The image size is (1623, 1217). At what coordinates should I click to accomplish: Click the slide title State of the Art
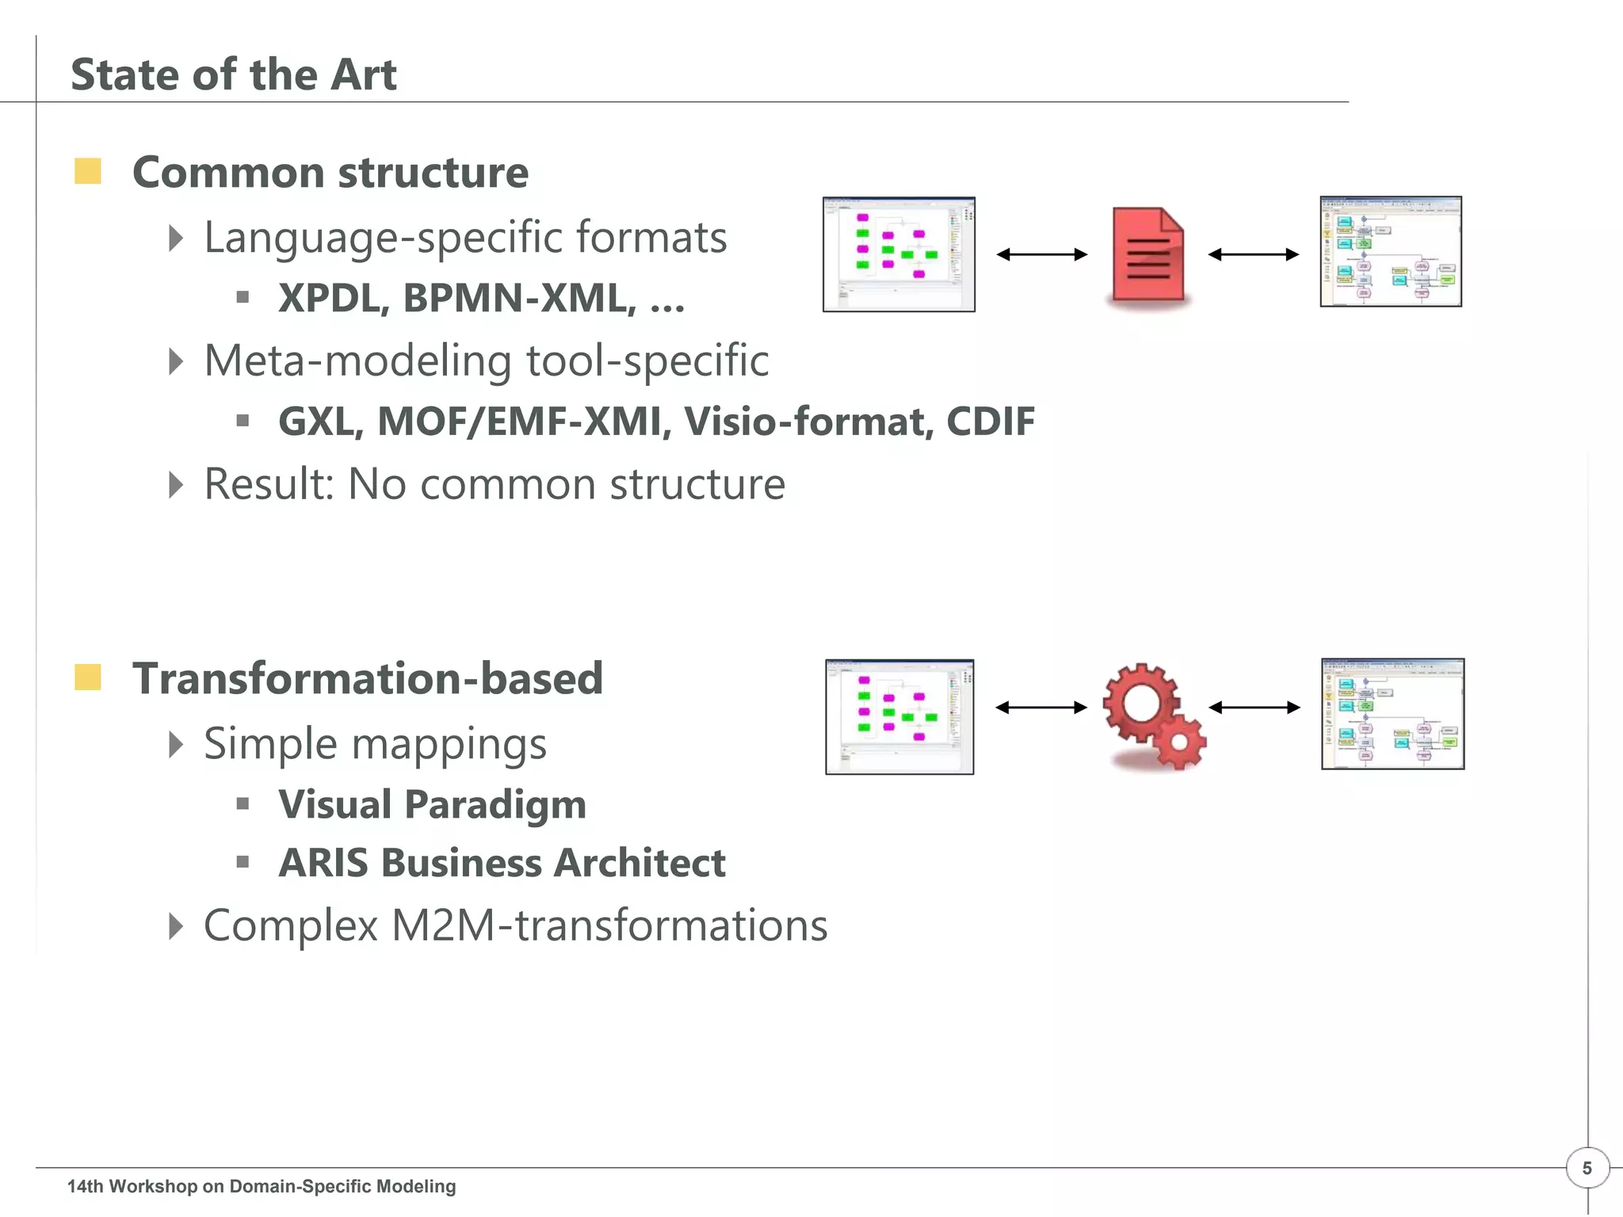click(234, 75)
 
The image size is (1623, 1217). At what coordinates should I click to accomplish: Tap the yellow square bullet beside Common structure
click(88, 171)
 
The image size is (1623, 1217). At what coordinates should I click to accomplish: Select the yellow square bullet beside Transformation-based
click(88, 677)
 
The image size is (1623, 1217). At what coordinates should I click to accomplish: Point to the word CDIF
click(991, 422)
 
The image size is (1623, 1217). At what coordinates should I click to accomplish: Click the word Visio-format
click(804, 422)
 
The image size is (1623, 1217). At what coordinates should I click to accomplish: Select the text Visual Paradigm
click(432, 805)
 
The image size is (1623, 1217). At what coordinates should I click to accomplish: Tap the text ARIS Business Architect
click(502, 863)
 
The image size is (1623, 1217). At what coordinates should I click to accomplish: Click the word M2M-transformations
click(609, 925)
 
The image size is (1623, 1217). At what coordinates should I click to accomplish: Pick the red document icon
click(1148, 254)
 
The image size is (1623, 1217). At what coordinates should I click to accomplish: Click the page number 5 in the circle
click(1587, 1168)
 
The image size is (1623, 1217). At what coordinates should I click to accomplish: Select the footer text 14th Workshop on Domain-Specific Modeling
click(262, 1186)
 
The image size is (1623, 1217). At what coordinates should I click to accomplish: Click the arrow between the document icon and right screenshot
click(1254, 254)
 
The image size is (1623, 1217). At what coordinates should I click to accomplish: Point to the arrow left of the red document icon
click(1041, 254)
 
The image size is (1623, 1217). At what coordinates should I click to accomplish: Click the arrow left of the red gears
click(1041, 708)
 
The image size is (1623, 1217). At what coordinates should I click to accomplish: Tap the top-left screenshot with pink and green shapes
click(899, 254)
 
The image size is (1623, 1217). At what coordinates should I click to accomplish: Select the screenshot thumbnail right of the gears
click(1392, 714)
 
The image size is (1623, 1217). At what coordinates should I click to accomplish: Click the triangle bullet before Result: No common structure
click(176, 484)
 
